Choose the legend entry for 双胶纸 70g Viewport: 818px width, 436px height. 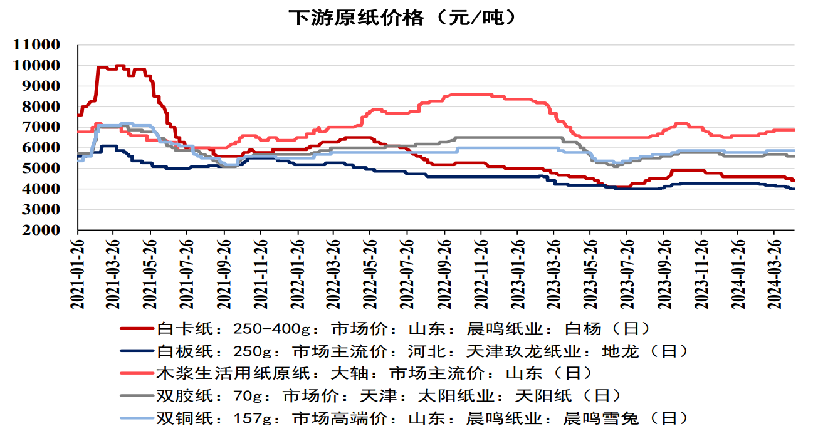tap(389, 396)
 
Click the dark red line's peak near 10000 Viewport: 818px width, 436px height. tap(119, 66)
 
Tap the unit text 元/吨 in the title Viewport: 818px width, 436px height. tap(476, 18)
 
